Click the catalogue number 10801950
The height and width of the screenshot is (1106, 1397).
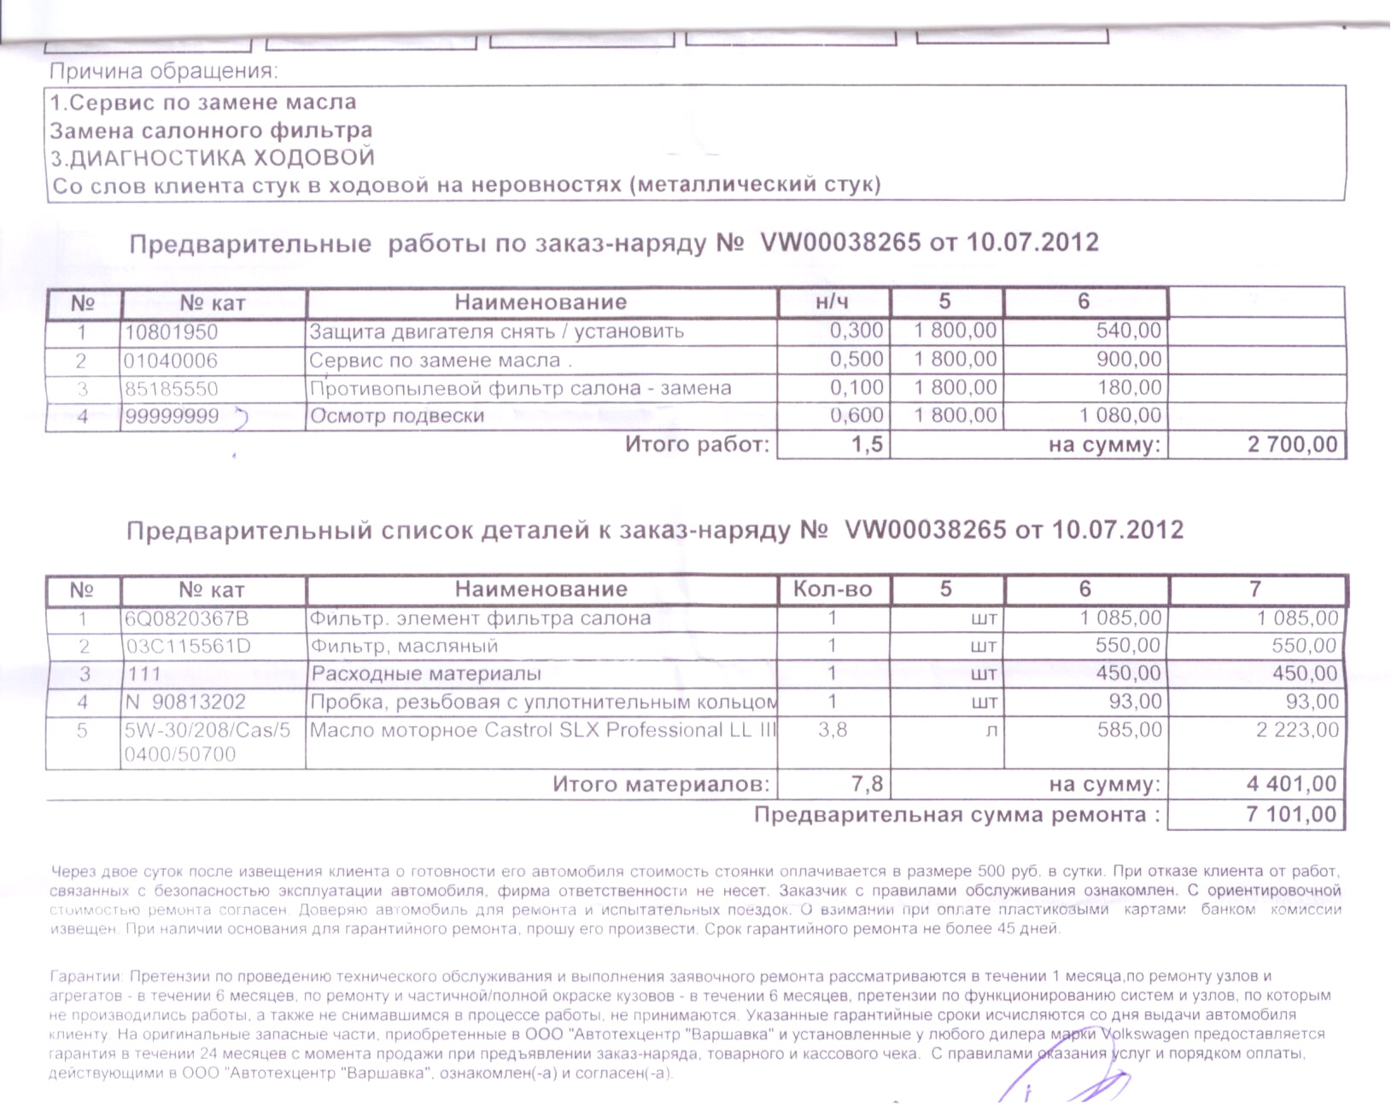[172, 332]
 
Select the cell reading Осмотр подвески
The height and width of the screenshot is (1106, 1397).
[397, 417]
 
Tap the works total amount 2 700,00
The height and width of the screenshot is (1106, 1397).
[1292, 445]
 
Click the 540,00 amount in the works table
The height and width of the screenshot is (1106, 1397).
[1128, 331]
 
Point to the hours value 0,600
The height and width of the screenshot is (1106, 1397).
[856, 416]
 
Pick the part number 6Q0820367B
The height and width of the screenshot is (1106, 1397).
[187, 619]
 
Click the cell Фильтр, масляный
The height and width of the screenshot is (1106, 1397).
[404, 647]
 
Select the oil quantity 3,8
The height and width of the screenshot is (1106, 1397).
[833, 730]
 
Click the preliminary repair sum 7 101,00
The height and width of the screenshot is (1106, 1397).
[1291, 814]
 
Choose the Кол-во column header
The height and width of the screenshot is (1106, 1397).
[833, 589]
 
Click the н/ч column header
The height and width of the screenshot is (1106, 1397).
[833, 302]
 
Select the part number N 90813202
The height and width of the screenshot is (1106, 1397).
[185, 702]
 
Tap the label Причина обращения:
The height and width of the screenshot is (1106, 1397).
[164, 72]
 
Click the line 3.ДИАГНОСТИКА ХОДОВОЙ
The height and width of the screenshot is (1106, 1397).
[213, 159]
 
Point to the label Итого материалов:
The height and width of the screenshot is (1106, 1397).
[660, 784]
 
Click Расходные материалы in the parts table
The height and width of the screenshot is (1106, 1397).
[426, 674]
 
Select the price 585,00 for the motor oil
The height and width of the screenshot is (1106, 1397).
[1129, 730]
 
